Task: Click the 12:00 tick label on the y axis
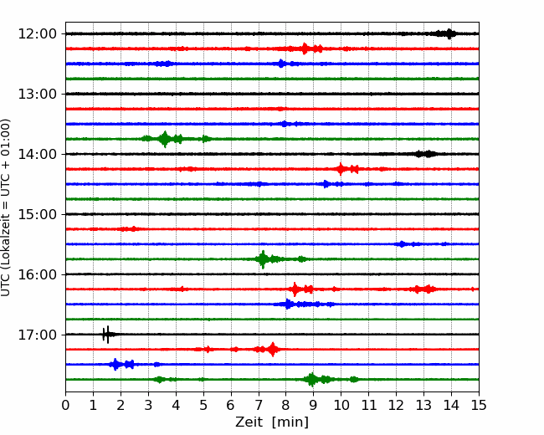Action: pyautogui.click(x=37, y=34)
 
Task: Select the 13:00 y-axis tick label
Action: pyautogui.click(x=37, y=94)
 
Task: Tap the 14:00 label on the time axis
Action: pyautogui.click(x=37, y=154)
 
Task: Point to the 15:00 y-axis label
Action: pyautogui.click(x=37, y=214)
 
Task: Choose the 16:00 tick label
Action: pyautogui.click(x=37, y=274)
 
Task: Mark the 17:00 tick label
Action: pyautogui.click(x=37, y=335)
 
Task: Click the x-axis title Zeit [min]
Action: pyautogui.click(x=272, y=422)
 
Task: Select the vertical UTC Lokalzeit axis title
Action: pyautogui.click(x=6, y=207)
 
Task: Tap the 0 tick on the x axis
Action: pyautogui.click(x=65, y=405)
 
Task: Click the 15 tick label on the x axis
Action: pyautogui.click(x=479, y=405)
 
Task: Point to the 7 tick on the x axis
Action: pyautogui.click(x=259, y=405)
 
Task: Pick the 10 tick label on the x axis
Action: pyautogui.click(x=341, y=405)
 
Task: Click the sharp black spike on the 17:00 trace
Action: pyautogui.click(x=107, y=335)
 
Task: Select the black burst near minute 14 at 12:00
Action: pyautogui.click(x=447, y=33)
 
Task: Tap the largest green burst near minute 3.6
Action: pyautogui.click(x=165, y=139)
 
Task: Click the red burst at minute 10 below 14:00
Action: pyautogui.click(x=341, y=169)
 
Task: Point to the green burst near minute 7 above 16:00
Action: pyautogui.click(x=263, y=259)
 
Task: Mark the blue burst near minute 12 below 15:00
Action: pyautogui.click(x=402, y=244)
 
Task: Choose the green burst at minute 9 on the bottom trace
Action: pyautogui.click(x=312, y=380)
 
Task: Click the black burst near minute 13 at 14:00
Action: pyautogui.click(x=426, y=154)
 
